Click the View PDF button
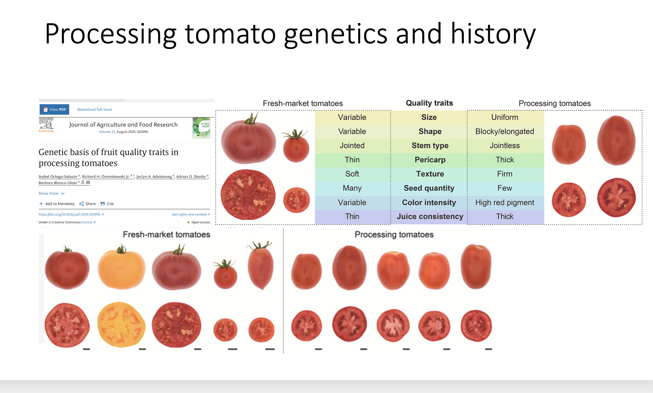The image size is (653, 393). point(54,109)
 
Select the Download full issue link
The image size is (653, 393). point(95,109)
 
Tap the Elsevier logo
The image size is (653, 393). point(46,125)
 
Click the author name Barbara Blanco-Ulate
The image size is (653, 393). point(58,183)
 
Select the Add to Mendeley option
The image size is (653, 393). point(57,204)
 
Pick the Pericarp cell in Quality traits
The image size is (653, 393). point(430,160)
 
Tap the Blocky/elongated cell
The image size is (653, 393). point(504,131)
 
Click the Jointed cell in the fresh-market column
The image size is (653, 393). point(352,146)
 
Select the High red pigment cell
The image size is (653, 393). point(504,203)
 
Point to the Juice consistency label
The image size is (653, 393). point(430,217)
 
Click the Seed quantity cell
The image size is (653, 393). point(429,188)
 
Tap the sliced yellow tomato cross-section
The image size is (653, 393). point(121,325)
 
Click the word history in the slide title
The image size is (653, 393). point(493,34)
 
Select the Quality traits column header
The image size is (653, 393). point(429,103)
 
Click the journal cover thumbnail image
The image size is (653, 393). point(201,128)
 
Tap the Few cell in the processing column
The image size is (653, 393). point(504,188)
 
